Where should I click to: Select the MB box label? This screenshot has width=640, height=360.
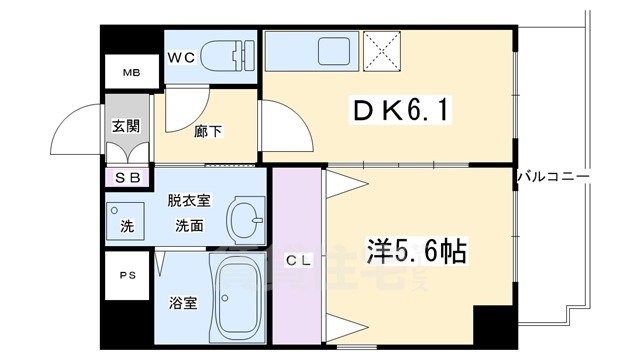click(131, 73)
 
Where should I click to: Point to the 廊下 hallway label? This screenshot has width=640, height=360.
click(209, 131)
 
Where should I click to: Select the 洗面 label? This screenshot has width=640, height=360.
click(189, 226)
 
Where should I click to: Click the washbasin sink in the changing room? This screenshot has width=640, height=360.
click(243, 215)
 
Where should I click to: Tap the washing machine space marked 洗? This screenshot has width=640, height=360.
click(127, 225)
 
